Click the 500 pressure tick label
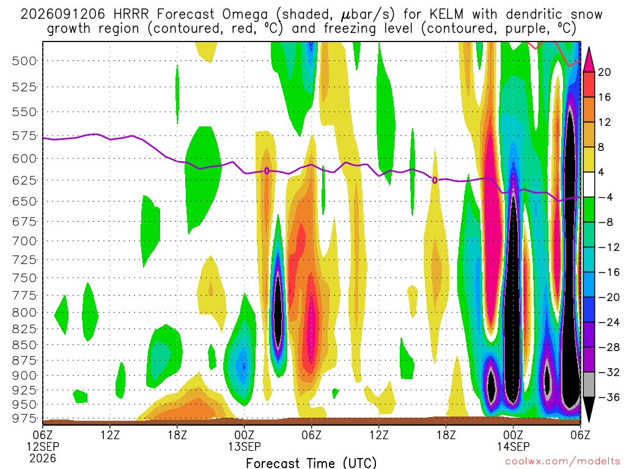click(x=24, y=61)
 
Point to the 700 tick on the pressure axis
click(x=24, y=241)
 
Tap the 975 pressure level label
click(x=24, y=418)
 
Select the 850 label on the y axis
click(x=24, y=345)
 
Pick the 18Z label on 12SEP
click(x=177, y=435)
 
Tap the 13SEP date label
click(x=245, y=446)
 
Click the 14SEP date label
click(x=513, y=446)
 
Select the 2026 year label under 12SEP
click(x=42, y=458)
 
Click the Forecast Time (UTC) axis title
click(x=311, y=463)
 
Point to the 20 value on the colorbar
click(x=604, y=72)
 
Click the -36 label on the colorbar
click(x=608, y=397)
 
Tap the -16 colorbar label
click(x=608, y=272)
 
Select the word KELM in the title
click(x=446, y=15)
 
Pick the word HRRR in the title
click(x=131, y=15)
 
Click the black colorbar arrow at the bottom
click(x=589, y=408)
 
